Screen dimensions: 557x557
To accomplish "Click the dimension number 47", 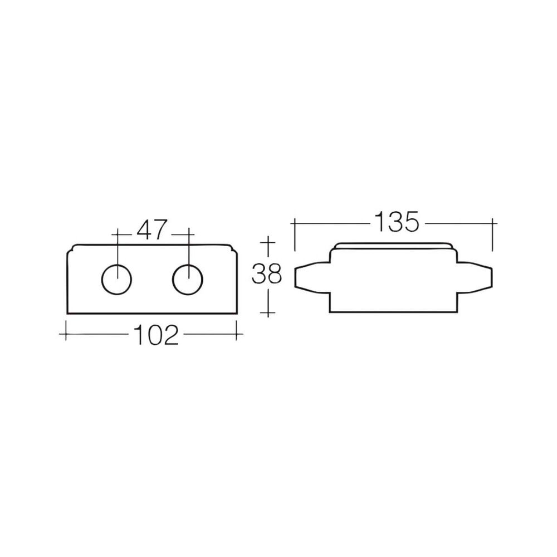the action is pyautogui.click(x=152, y=230).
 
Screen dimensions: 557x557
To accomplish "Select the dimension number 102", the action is pyautogui.click(x=155, y=335).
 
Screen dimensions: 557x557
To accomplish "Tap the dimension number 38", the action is pyautogui.click(x=267, y=275).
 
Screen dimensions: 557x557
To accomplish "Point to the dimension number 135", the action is pyautogui.click(x=397, y=222).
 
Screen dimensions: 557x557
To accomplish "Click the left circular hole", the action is pyautogui.click(x=116, y=279).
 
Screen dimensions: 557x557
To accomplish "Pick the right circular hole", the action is pyautogui.click(x=188, y=279).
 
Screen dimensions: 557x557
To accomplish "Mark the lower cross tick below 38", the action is pyautogui.click(x=268, y=313).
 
